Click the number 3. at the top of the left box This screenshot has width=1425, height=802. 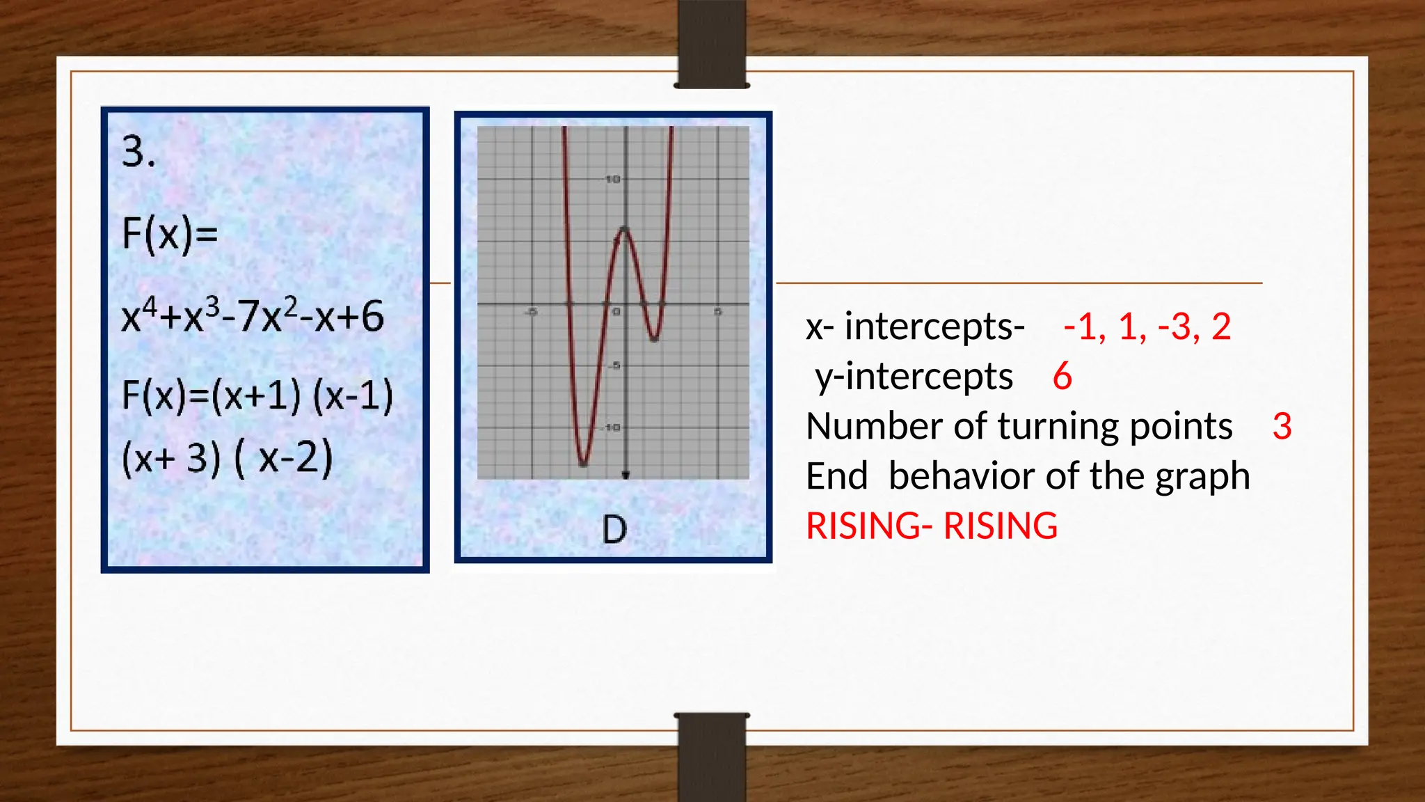(x=138, y=152)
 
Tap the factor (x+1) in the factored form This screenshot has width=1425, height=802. (x=256, y=395)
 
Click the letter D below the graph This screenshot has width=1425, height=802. (x=614, y=530)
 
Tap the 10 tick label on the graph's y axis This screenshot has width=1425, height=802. (x=612, y=180)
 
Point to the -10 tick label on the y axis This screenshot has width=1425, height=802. (x=611, y=427)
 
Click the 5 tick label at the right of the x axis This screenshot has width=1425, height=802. (x=717, y=312)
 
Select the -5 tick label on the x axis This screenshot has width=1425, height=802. (x=531, y=312)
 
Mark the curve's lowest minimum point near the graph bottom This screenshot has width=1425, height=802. (x=583, y=463)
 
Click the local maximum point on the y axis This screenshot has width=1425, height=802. (x=625, y=229)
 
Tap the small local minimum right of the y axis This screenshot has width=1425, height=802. (x=654, y=339)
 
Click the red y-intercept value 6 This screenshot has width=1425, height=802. (x=1062, y=377)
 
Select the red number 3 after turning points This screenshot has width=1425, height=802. (x=1282, y=426)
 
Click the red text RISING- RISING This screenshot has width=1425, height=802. (x=931, y=526)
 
